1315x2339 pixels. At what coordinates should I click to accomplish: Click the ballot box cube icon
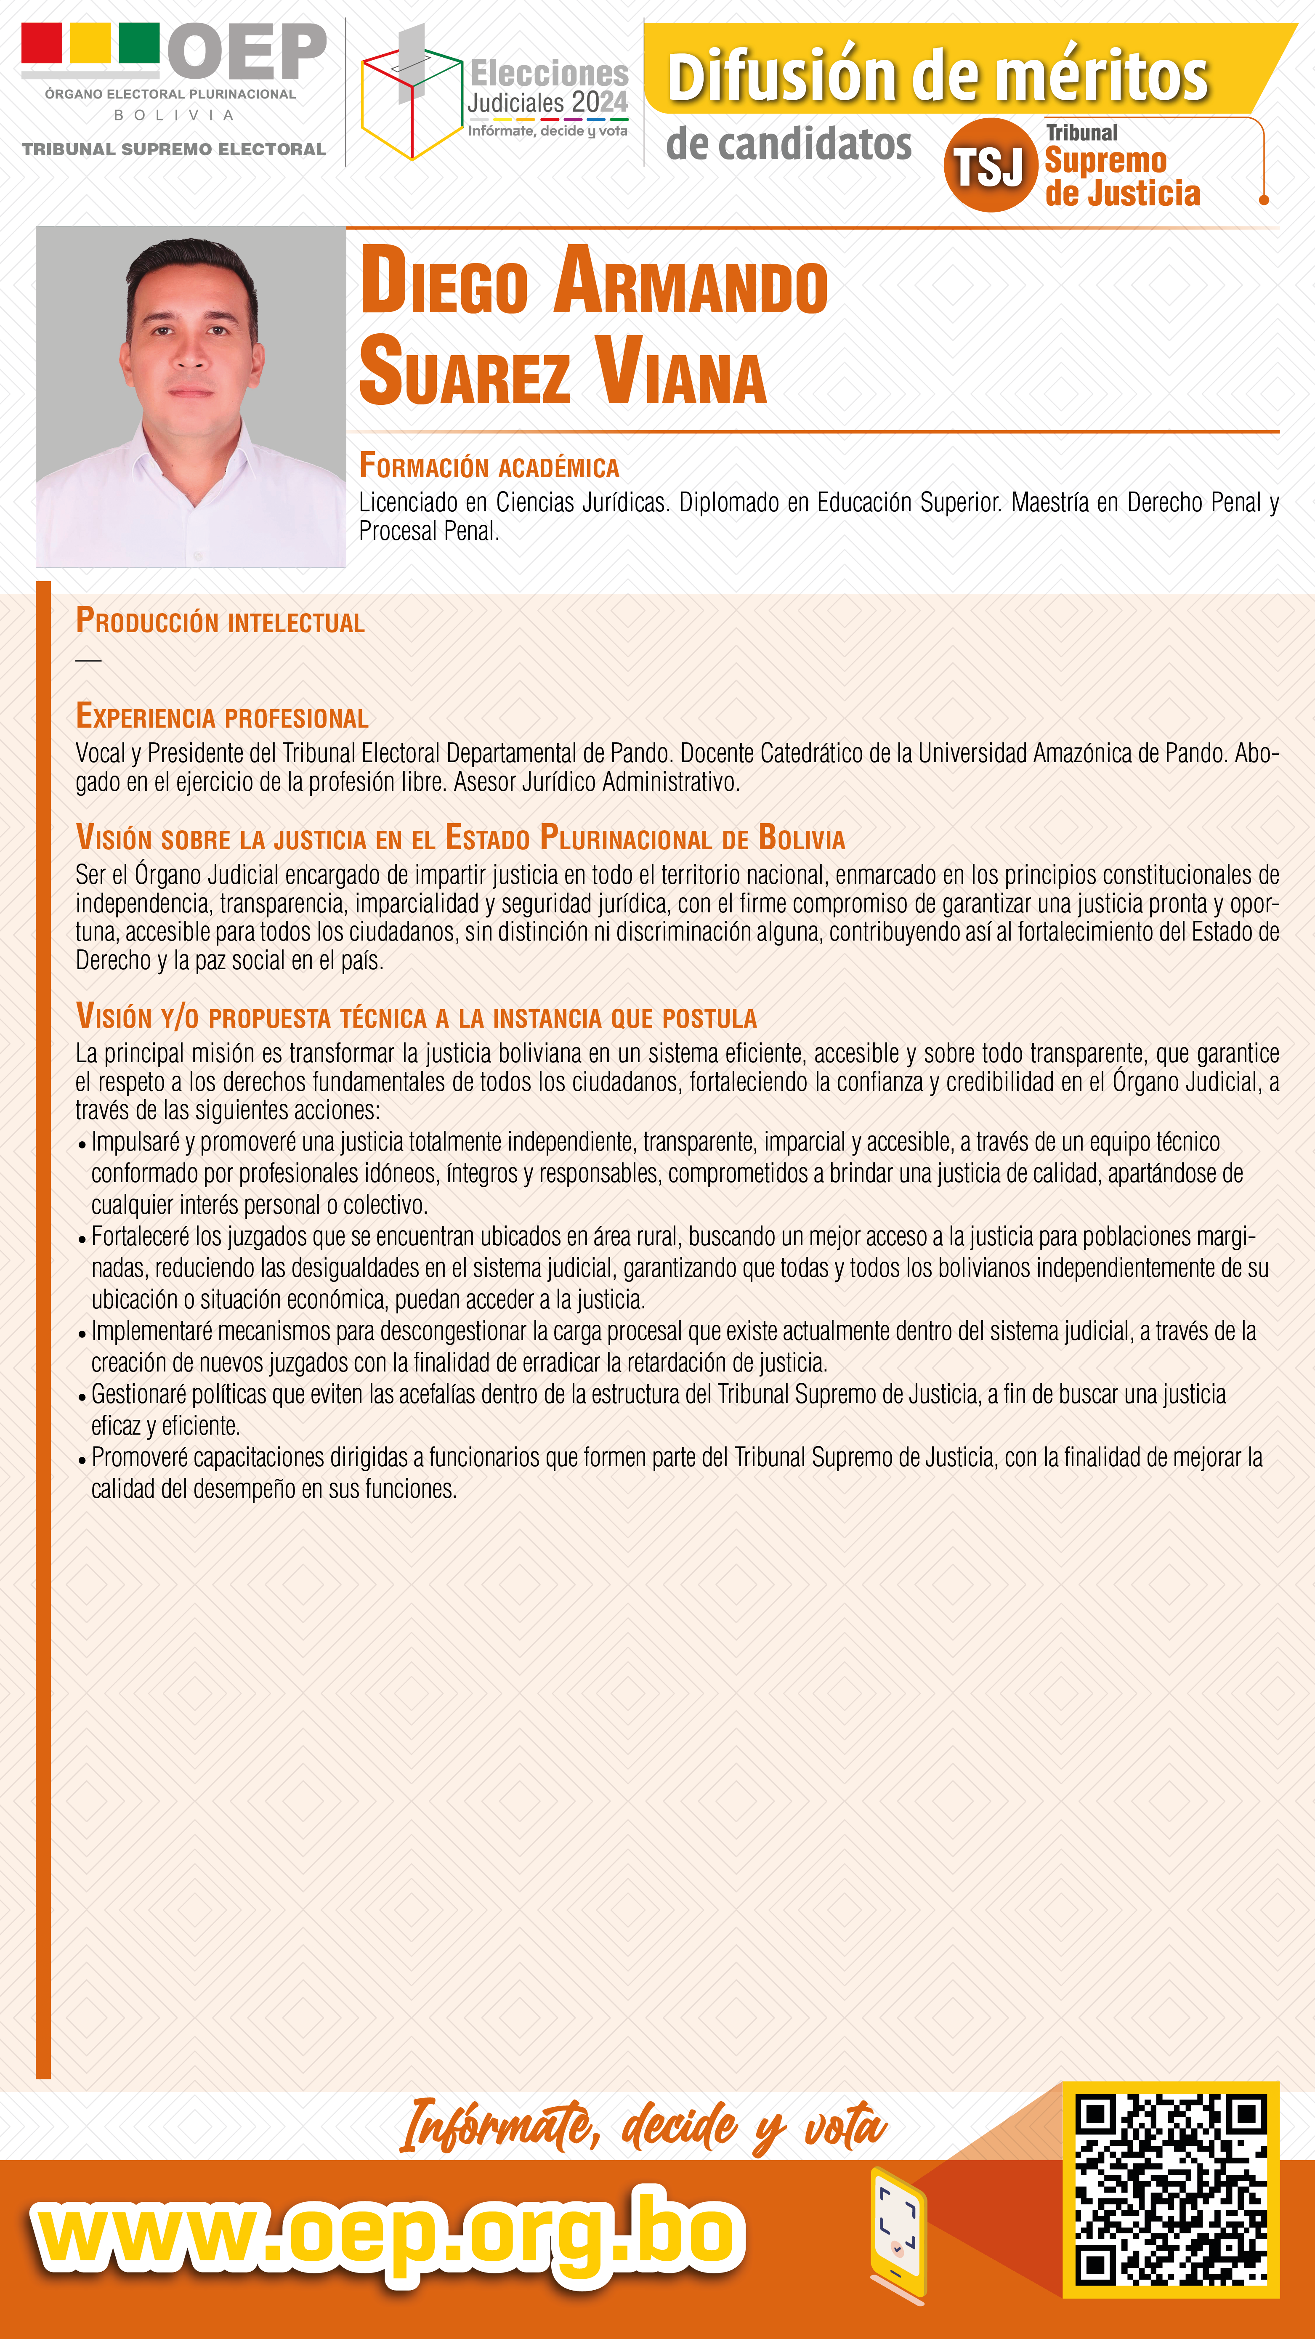tap(410, 100)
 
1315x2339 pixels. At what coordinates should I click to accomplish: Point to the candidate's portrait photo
tap(191, 397)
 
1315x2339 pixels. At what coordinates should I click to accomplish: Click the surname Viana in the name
tap(681, 372)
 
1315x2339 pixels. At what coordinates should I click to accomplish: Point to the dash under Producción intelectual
tap(88, 660)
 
